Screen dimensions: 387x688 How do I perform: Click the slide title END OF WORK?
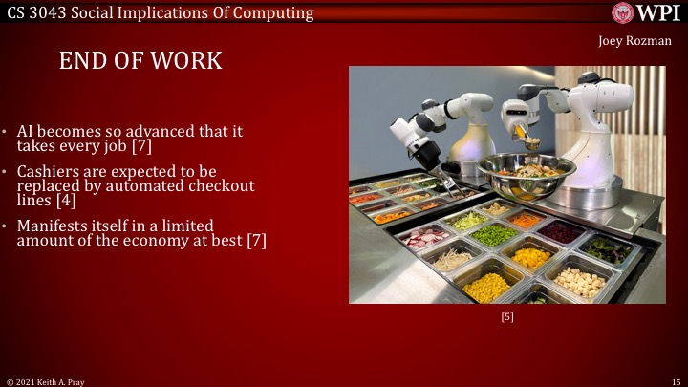click(140, 61)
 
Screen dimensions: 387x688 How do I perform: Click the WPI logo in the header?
click(647, 12)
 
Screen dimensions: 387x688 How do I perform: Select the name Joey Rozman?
click(634, 40)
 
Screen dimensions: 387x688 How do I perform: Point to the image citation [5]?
click(507, 317)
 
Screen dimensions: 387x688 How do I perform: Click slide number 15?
click(674, 380)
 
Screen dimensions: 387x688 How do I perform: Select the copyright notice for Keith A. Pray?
click(45, 380)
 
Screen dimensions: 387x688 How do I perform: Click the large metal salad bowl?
click(527, 176)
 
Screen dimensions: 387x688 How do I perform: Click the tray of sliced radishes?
click(426, 236)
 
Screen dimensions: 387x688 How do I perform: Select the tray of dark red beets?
click(560, 231)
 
